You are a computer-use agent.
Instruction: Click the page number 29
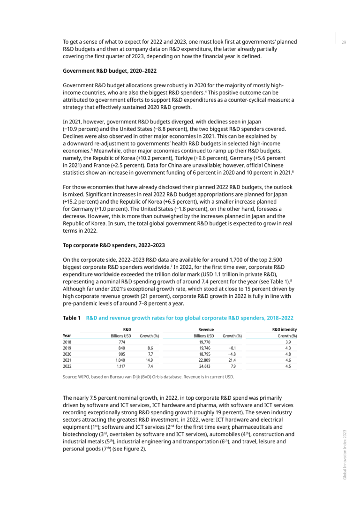[x=344, y=42]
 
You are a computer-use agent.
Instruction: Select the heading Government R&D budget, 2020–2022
[x=110, y=71]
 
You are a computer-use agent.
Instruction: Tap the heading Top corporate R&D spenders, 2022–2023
[x=113, y=245]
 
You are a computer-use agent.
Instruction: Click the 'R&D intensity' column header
[x=285, y=330]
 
